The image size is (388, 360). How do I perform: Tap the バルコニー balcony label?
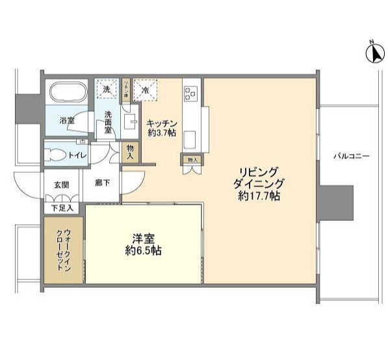(x=352, y=156)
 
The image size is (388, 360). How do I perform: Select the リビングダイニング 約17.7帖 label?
(x=259, y=184)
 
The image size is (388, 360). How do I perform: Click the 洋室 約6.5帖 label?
(x=143, y=244)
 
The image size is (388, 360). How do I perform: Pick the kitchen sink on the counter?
(x=192, y=138)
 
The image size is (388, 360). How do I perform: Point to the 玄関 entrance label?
(x=62, y=184)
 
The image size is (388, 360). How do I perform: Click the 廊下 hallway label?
(x=102, y=183)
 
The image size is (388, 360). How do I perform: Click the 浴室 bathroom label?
(x=67, y=121)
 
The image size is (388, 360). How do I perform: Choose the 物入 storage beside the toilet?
(x=130, y=153)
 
